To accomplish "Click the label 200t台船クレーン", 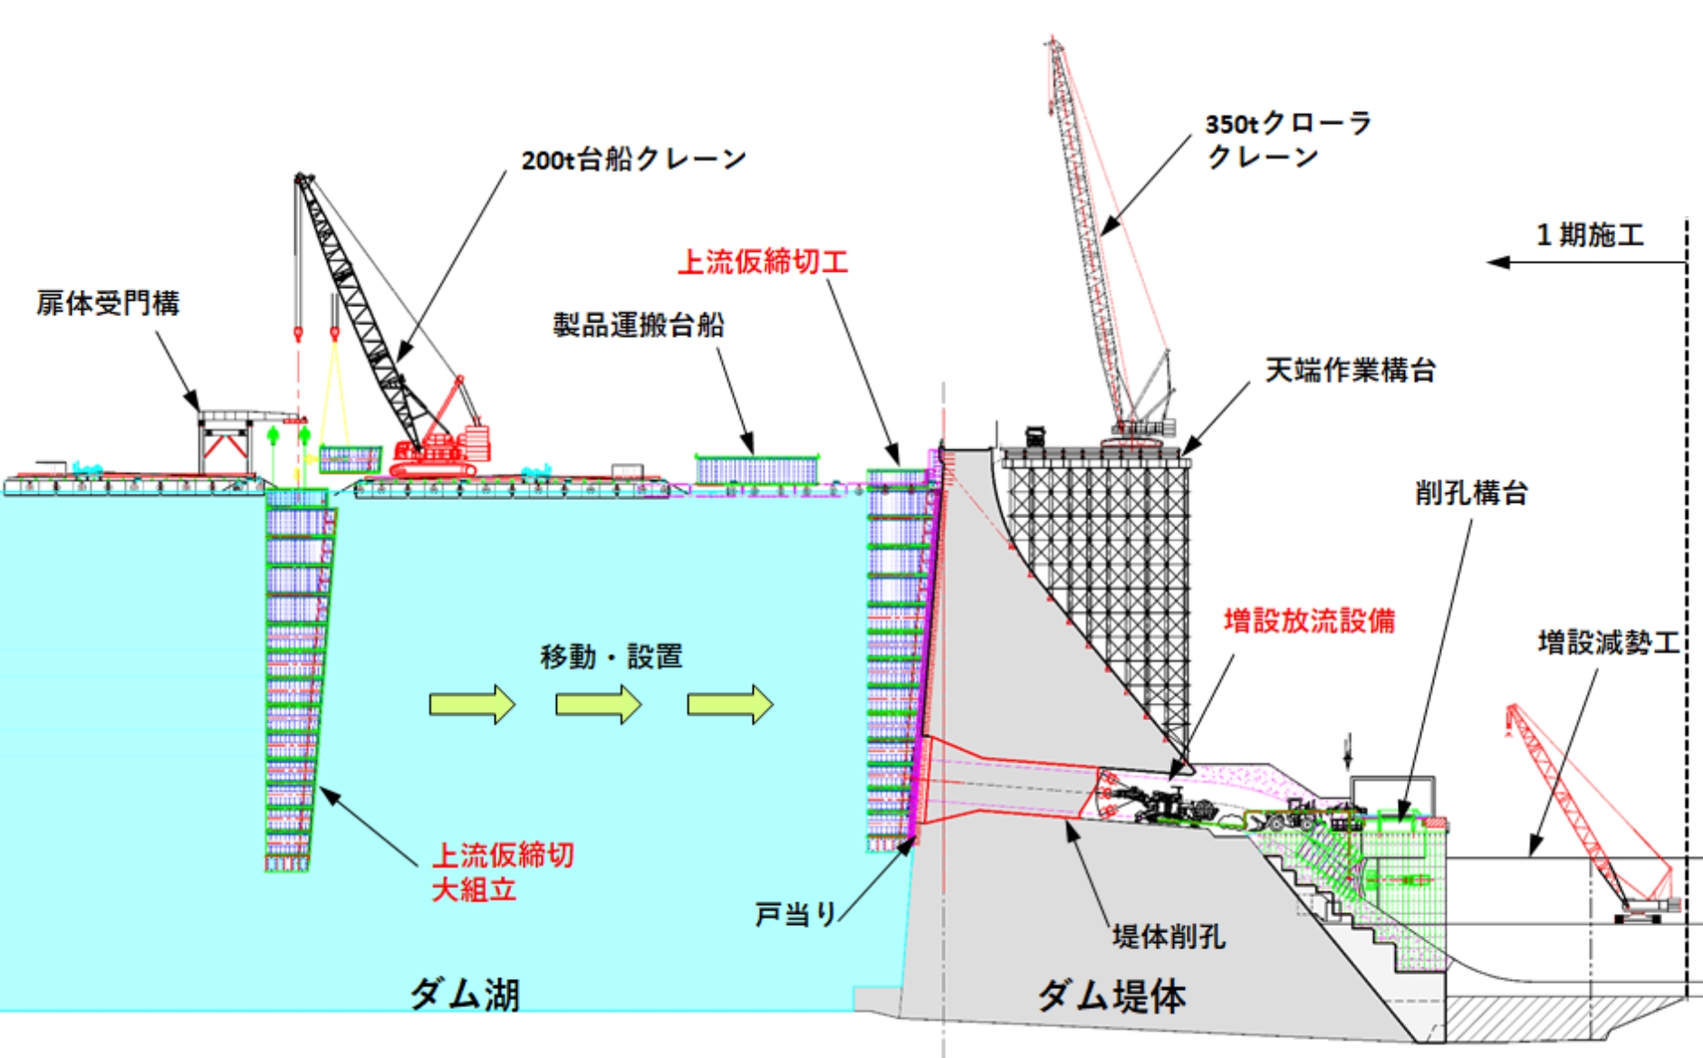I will pos(633,159).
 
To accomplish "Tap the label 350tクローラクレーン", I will pos(1287,139).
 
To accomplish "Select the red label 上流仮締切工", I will pos(763,262).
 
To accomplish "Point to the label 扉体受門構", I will pos(108,303).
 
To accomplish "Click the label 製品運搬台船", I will pos(639,324).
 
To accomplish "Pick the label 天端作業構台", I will pos(1350,370).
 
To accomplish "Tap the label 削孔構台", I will pos(1471,493).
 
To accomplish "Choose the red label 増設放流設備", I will pos(1309,621).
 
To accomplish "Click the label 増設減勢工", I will pos(1608,642).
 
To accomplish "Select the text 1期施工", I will pos(1590,236).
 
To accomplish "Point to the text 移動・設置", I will pos(611,656).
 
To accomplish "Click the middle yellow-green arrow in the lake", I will pos(599,704).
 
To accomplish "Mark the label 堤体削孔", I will pos(1169,936).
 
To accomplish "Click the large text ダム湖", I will pos(465,994).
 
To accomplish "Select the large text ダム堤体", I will pos(1111,995).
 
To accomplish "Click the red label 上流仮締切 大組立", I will pos(502,871).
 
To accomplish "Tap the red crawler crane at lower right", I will pos(1594,815).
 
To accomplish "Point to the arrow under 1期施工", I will pos(1585,263).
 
